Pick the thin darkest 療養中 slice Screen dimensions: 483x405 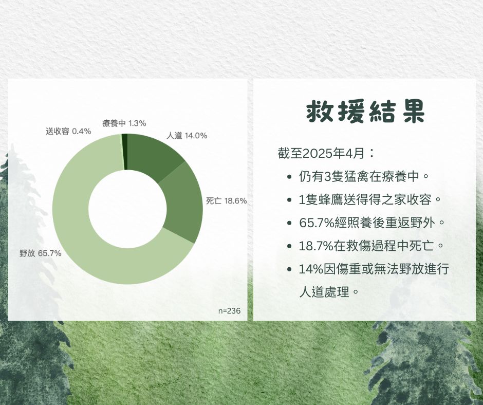[x=124, y=152]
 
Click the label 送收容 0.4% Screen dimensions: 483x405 [x=68, y=131]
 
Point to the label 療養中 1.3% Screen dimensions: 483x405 [x=124, y=123]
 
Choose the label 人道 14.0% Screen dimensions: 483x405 [x=187, y=136]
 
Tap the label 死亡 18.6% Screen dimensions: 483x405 [x=227, y=201]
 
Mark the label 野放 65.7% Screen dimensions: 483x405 [x=41, y=253]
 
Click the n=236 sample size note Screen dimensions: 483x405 [x=229, y=310]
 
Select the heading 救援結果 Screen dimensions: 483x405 [x=366, y=111]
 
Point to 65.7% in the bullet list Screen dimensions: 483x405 [x=317, y=223]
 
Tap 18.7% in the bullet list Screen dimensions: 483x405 [x=317, y=246]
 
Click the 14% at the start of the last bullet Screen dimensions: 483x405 [x=311, y=269]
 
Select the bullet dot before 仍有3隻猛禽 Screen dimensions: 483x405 [x=289, y=177]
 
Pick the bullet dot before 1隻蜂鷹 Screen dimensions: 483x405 [x=289, y=200]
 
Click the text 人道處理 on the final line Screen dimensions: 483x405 [x=324, y=291]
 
